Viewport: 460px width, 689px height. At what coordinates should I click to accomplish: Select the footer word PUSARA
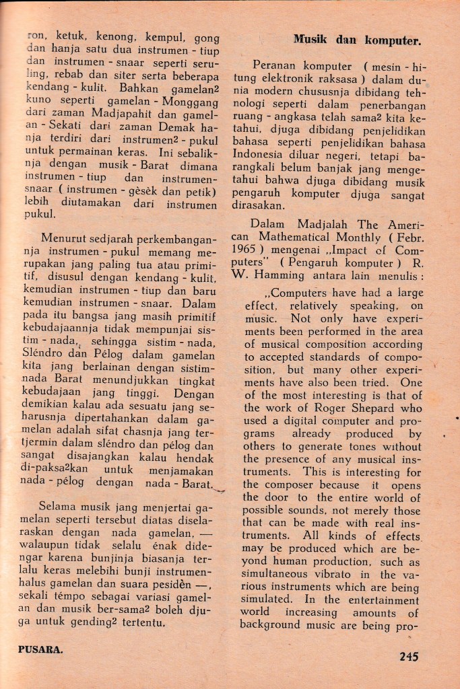[x=40, y=650]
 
